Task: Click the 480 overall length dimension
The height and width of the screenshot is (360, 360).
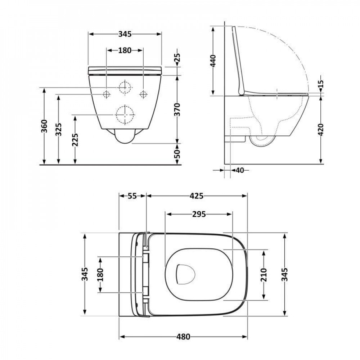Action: (183, 337)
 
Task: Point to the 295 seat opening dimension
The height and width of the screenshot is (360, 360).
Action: (198, 214)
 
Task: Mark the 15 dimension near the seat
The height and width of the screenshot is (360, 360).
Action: (321, 84)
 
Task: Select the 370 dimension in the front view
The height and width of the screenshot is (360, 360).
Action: (177, 110)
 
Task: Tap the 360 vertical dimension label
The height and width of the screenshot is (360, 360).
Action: (44, 126)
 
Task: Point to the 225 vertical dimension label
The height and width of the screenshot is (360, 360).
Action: (75, 139)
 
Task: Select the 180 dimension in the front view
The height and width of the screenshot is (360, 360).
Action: (125, 50)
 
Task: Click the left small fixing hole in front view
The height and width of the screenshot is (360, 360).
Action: (107, 94)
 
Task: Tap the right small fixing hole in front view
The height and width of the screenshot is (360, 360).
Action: (143, 94)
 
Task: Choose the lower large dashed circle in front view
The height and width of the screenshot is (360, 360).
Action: (125, 114)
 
